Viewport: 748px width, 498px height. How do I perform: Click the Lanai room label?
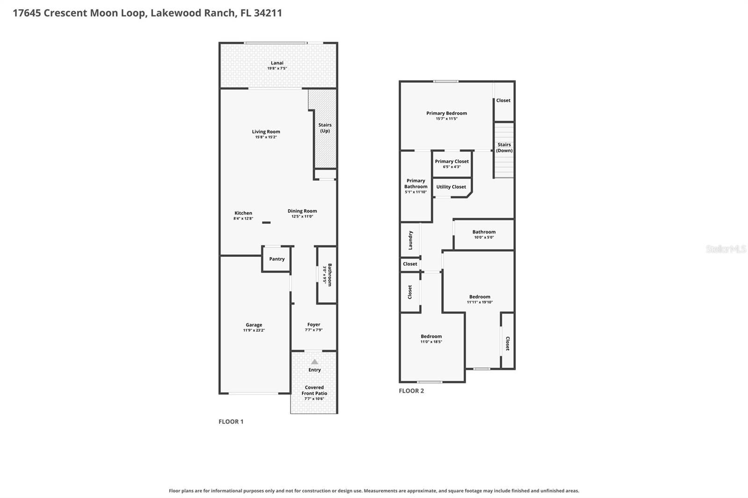click(x=277, y=63)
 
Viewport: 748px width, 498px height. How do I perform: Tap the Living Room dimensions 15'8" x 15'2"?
click(x=266, y=137)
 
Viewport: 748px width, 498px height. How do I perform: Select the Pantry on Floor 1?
click(x=277, y=259)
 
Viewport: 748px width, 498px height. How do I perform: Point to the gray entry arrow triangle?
click(x=315, y=362)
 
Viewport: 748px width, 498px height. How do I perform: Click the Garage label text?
click(x=254, y=324)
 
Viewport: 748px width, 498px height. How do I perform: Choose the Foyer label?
click(x=314, y=324)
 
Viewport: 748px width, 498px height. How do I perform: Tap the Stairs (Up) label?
click(x=325, y=128)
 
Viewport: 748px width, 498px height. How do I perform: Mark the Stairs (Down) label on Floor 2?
click(x=504, y=147)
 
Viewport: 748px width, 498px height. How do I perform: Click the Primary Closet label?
click(x=452, y=161)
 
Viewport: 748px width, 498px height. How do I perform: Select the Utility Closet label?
click(x=451, y=186)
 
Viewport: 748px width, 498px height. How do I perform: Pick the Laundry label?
click(x=410, y=240)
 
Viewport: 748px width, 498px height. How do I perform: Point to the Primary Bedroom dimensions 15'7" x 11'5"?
click(x=446, y=119)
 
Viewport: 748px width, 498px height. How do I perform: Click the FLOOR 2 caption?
click(x=411, y=391)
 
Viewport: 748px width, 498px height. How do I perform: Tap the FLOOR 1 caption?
click(x=231, y=421)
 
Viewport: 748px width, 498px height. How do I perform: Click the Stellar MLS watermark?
click(x=726, y=249)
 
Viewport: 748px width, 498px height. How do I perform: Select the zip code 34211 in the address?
click(x=268, y=13)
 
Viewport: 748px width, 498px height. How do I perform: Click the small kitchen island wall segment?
click(x=266, y=222)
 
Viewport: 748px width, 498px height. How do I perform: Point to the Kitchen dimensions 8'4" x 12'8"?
click(x=243, y=218)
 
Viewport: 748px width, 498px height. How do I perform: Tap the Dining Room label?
click(x=302, y=211)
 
